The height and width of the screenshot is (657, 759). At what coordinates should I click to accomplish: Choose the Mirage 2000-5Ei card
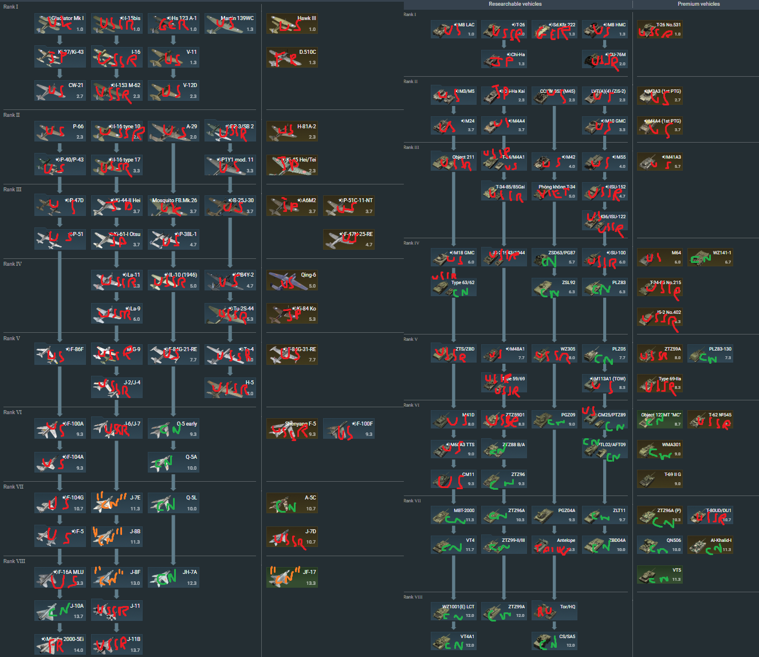(60, 644)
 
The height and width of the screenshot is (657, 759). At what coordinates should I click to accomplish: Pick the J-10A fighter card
(60, 611)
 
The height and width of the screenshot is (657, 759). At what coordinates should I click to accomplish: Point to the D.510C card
(292, 57)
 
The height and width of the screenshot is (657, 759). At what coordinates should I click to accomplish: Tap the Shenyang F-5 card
(292, 429)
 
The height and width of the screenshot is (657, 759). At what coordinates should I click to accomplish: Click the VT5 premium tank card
(660, 575)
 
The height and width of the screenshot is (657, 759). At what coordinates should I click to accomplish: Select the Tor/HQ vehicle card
(554, 611)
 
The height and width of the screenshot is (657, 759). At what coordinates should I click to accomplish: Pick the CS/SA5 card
(554, 641)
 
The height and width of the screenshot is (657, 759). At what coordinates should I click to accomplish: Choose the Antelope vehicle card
(554, 545)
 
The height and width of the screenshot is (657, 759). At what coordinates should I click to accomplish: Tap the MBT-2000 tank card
(454, 515)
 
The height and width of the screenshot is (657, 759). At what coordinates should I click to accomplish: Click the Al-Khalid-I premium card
(710, 545)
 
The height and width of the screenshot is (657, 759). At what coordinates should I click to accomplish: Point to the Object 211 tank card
(454, 162)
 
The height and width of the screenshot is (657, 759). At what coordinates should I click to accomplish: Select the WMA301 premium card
(660, 449)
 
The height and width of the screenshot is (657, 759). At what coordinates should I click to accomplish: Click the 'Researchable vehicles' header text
(515, 4)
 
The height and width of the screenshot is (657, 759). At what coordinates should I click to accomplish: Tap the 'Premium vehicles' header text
(698, 4)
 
